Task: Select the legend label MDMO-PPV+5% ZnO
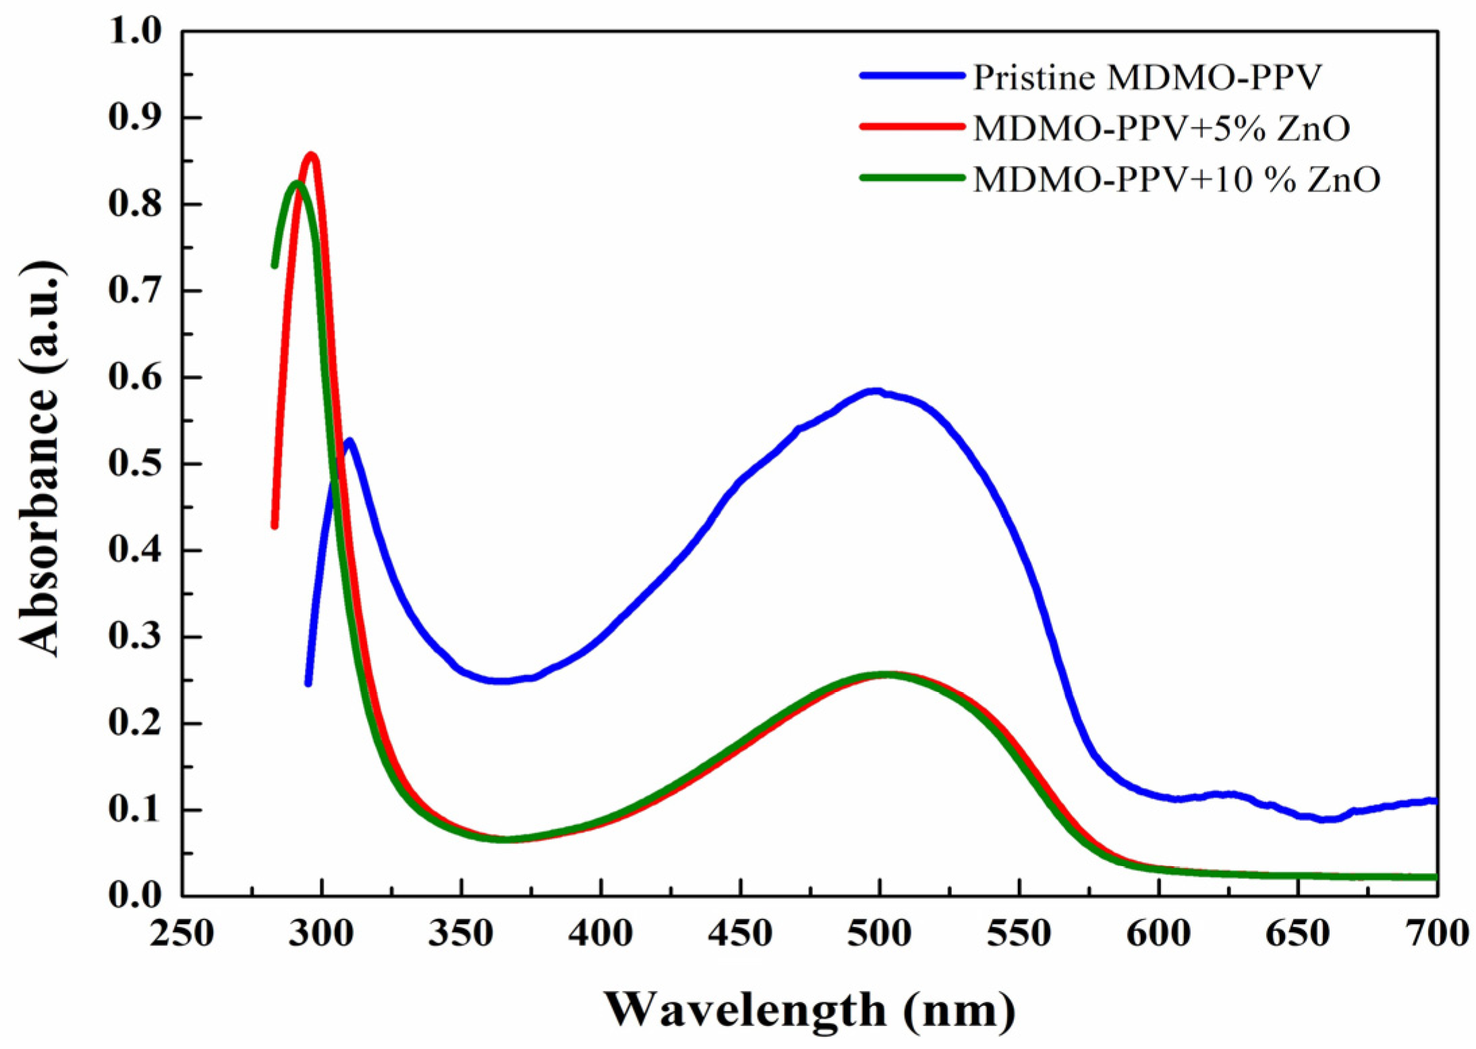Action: (1161, 128)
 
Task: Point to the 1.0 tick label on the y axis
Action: (135, 32)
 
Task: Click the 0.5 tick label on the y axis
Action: (135, 464)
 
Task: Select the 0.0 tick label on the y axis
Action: (135, 896)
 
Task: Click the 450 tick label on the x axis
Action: (741, 934)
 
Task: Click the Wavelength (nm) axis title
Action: (810, 1010)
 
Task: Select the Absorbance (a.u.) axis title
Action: (42, 459)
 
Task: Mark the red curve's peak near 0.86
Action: (311, 156)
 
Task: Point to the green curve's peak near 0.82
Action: (295, 183)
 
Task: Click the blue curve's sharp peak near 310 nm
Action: (349, 441)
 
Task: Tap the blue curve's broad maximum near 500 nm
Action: (875, 391)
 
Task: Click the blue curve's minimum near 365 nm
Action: (503, 681)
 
